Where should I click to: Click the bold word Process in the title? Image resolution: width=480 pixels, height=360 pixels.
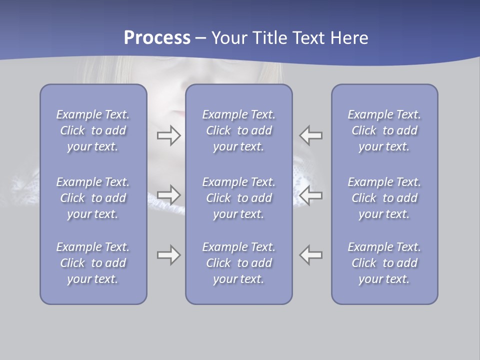coord(157,38)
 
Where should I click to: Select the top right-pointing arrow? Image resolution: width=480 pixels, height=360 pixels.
coord(168,135)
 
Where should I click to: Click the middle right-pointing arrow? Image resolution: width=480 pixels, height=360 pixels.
coord(168,195)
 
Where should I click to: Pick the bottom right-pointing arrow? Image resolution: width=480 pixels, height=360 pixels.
coord(168,255)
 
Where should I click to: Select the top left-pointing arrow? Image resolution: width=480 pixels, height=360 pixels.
coord(311,135)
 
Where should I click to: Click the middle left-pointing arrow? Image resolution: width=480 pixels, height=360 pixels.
coord(311,195)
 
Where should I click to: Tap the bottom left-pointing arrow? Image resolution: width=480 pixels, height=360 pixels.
coord(311,255)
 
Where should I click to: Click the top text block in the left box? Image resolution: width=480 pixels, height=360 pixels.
coord(93,130)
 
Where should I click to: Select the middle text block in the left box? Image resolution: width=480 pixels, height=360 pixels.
coord(93,198)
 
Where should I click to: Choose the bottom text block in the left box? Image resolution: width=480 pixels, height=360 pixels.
coord(93,263)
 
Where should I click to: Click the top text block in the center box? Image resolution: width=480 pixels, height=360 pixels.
coord(238,130)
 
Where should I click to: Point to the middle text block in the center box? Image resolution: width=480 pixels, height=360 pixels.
coord(238,198)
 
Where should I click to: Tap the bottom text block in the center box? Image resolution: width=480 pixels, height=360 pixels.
coord(238,263)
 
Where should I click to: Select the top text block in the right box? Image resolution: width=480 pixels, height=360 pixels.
coord(384,130)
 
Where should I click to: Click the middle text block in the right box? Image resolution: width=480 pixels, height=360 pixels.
coord(384,198)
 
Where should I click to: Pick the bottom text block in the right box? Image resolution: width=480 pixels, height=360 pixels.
coord(384,263)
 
